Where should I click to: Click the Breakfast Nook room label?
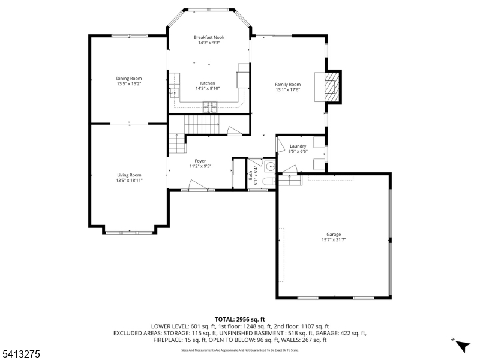208,38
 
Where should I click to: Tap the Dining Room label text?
129,78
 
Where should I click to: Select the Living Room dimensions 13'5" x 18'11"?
129,180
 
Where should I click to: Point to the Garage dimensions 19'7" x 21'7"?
334,239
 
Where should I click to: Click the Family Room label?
287,85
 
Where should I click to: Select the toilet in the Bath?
269,180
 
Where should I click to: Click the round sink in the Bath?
270,166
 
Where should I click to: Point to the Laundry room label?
298,146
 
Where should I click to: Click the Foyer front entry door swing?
197,185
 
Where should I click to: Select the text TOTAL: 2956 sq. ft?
239,319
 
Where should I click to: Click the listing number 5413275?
21,355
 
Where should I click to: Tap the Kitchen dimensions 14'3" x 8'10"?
208,88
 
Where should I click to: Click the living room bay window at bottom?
129,232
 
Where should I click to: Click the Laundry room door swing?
281,144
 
